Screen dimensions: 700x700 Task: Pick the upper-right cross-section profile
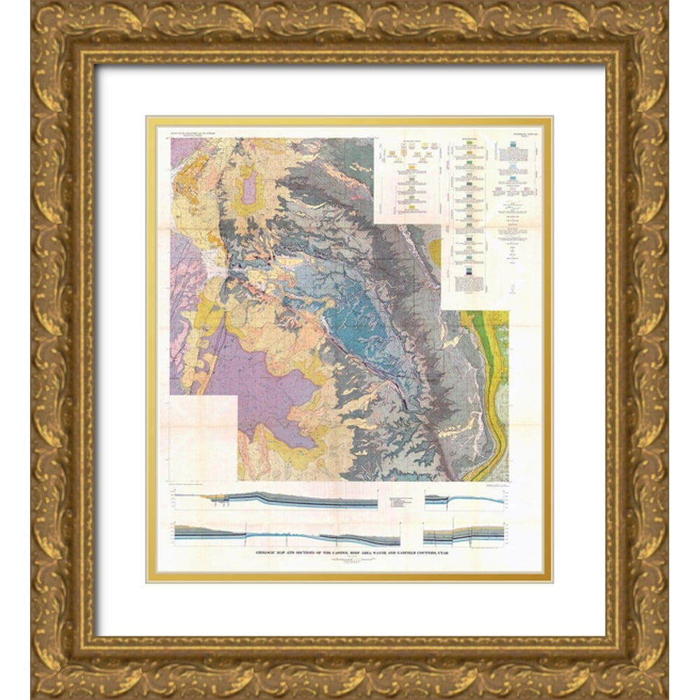click(x=464, y=500)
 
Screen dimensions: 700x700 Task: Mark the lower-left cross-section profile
click(x=287, y=535)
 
